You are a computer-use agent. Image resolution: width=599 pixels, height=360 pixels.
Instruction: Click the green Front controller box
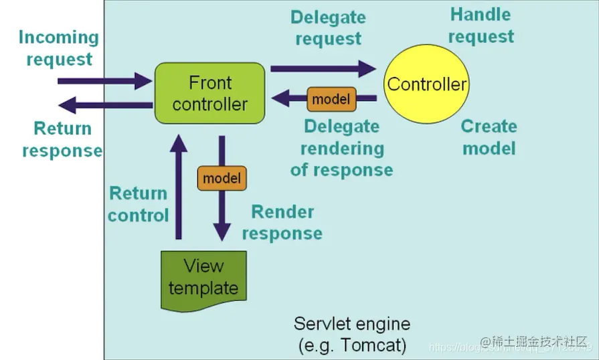tap(209, 93)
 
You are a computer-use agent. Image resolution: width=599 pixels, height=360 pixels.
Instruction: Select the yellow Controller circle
tap(426, 84)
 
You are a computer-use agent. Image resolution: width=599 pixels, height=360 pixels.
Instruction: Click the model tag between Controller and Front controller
tap(331, 100)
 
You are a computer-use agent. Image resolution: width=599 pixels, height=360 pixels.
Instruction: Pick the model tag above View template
tap(222, 179)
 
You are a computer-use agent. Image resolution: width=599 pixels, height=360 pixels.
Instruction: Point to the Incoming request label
tap(59, 48)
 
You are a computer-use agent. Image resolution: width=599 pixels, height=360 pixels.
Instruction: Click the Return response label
tap(62, 139)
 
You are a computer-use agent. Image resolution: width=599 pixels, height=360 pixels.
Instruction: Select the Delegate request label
tap(329, 28)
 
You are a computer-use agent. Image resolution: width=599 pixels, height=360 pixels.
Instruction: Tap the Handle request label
tap(481, 25)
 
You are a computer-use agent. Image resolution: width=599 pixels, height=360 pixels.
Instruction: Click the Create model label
tap(489, 137)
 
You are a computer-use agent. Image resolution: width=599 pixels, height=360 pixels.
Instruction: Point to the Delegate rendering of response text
tap(341, 148)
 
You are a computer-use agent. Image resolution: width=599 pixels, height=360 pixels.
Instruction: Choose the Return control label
tap(138, 204)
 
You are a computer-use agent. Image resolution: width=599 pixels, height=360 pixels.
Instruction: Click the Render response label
tap(282, 223)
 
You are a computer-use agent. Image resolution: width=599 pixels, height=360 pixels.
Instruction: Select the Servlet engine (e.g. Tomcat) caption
tap(351, 335)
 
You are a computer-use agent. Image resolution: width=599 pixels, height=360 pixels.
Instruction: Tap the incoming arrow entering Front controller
tap(104, 82)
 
